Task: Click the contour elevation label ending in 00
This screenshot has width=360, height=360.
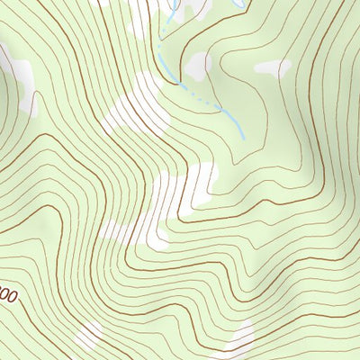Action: [7, 295]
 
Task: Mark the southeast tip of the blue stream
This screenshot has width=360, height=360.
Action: [243, 137]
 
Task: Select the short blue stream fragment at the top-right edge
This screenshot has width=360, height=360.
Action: [237, 4]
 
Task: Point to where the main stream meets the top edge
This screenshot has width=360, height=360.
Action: [171, 2]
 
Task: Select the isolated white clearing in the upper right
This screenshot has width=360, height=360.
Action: [273, 67]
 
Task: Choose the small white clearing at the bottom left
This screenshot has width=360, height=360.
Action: [90, 337]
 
